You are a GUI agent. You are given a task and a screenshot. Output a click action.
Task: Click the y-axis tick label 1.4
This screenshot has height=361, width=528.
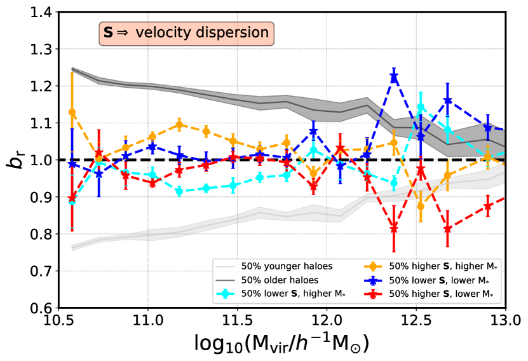32,12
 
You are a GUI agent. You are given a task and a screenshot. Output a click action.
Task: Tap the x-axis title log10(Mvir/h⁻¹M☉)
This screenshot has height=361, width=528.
282,344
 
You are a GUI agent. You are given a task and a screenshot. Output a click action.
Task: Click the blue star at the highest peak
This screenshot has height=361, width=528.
394,77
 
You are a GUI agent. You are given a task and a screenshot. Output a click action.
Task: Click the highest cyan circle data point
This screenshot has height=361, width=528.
420,107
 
